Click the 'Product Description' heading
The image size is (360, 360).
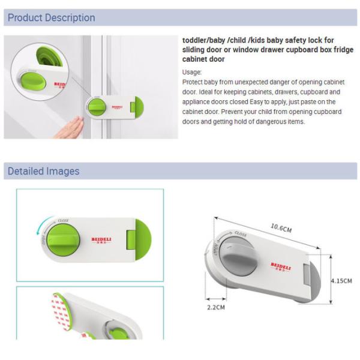(52, 17)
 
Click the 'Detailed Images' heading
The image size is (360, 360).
(44, 171)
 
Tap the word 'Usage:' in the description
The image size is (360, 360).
(192, 73)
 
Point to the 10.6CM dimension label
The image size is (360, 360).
(281, 228)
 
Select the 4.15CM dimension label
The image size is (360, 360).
(341, 281)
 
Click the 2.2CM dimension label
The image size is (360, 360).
(216, 307)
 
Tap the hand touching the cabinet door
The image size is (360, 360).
(69, 127)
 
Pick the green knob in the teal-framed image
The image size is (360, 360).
(63, 240)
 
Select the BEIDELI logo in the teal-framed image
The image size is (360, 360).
(101, 241)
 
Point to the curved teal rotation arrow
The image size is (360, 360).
(43, 224)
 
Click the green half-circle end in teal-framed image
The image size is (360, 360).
(143, 239)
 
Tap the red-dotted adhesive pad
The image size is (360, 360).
(60, 312)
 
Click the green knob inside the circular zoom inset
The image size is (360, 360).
(33, 81)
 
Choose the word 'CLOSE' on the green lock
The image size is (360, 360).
(64, 221)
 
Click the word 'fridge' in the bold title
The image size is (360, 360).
(344, 50)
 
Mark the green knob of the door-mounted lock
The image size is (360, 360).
(97, 107)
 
